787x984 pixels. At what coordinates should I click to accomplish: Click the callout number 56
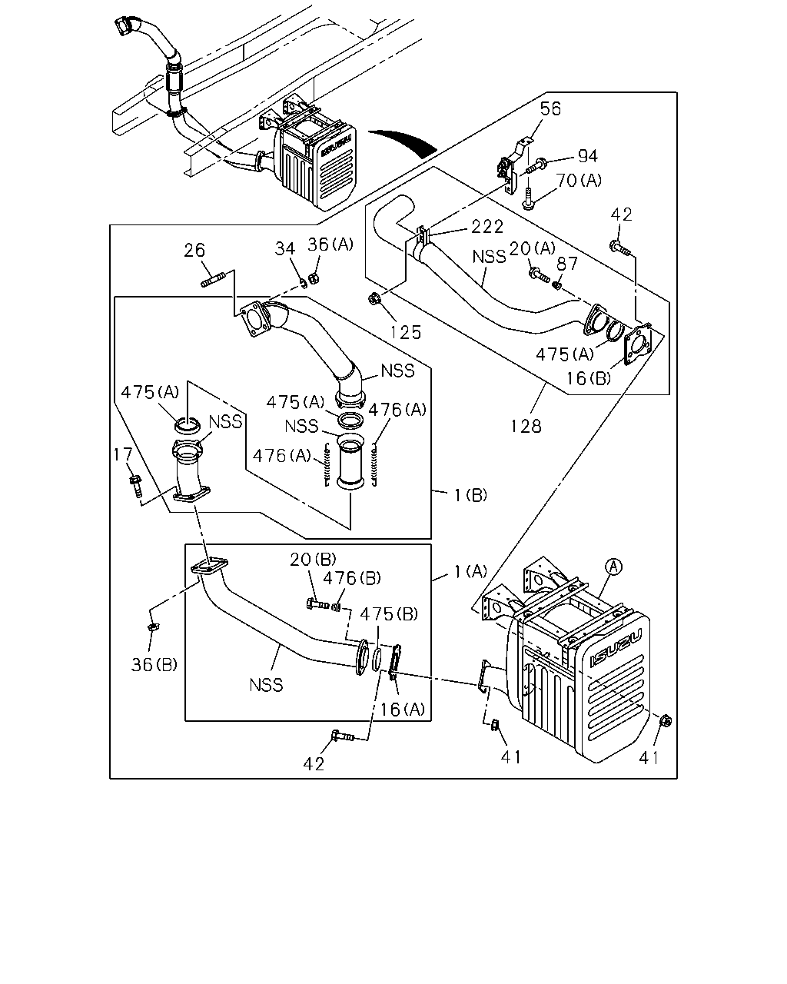point(550,109)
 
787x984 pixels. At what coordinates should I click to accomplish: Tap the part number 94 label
point(588,156)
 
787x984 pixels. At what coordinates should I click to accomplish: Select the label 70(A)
point(579,181)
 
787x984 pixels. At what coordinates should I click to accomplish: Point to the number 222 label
point(487,227)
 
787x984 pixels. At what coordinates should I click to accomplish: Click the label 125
point(406,332)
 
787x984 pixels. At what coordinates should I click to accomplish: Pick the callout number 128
point(526,426)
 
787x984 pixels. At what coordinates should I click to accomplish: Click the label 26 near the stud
point(194,250)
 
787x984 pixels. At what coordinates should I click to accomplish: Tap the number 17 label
point(122,454)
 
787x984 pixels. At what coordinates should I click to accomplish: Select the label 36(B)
point(154,665)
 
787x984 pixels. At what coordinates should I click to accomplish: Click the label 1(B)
point(470,495)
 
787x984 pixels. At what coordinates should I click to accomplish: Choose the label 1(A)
point(470,571)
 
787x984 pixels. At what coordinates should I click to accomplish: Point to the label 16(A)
point(403,710)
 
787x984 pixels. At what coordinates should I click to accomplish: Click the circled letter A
point(613,567)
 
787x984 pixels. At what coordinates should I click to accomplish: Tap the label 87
point(567,264)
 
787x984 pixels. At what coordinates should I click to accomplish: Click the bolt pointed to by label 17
point(136,486)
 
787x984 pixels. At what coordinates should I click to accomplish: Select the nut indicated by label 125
point(374,300)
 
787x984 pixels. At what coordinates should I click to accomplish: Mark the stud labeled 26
point(212,280)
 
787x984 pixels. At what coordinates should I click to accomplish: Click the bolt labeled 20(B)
point(317,604)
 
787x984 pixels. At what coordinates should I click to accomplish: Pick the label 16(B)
point(589,378)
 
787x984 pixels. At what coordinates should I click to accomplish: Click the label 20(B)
point(313,559)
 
